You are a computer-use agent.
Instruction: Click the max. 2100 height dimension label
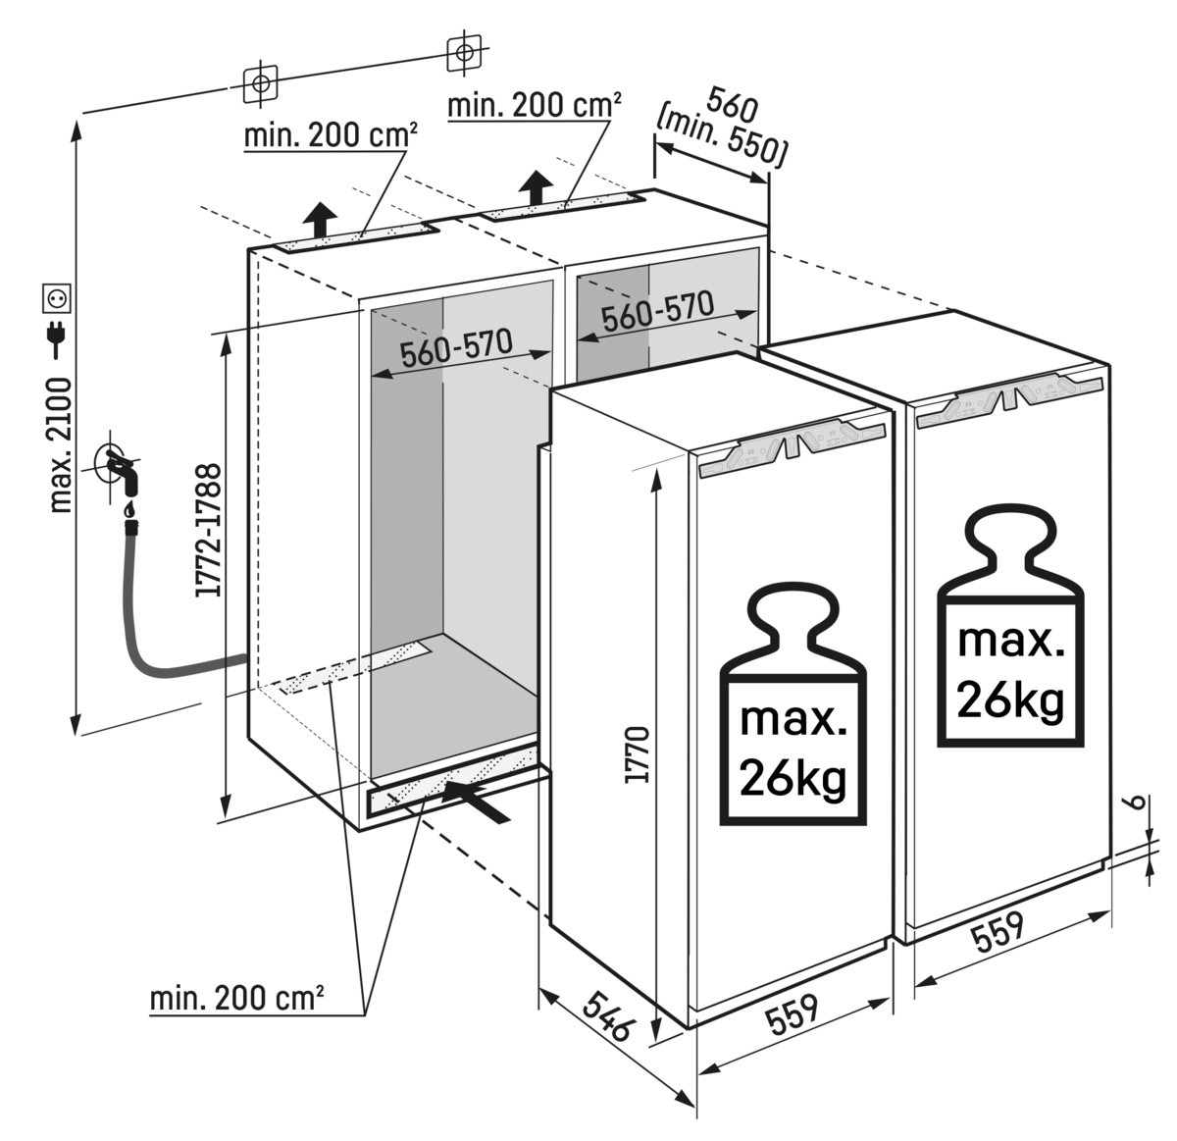[x=60, y=444]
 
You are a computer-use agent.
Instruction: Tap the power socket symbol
[x=55, y=296]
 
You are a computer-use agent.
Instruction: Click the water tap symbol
[x=120, y=468]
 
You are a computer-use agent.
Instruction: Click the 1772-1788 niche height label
[x=207, y=530]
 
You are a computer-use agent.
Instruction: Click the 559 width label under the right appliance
[x=998, y=934]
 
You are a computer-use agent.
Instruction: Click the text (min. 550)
[x=724, y=135]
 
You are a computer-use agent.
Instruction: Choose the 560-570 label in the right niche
[x=656, y=313]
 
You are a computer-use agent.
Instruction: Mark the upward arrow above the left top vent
[x=320, y=218]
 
